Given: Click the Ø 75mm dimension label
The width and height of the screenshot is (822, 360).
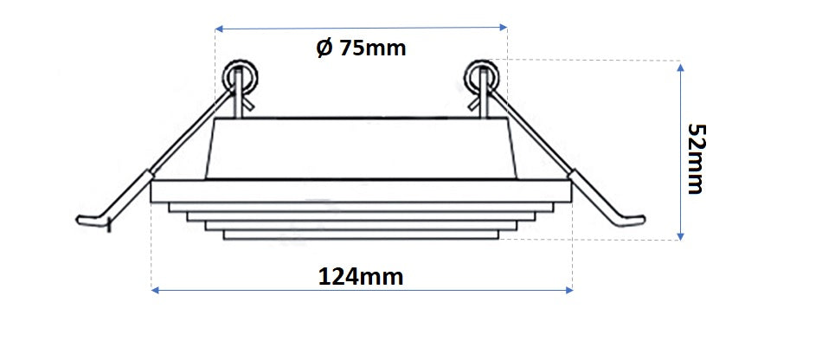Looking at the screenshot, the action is (361, 48).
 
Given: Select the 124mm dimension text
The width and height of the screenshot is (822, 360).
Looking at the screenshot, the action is (361, 276).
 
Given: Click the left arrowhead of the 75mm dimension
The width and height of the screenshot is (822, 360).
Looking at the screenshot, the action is (220, 29).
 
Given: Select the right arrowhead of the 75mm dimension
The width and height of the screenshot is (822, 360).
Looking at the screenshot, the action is (504, 26).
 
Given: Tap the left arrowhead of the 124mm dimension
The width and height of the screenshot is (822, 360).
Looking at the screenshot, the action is (155, 290).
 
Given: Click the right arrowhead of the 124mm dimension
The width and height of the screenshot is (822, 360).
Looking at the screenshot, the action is (568, 290).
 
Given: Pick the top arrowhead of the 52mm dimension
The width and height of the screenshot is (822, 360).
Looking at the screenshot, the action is (680, 67).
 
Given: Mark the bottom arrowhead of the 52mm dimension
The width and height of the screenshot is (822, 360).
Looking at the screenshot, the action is (680, 236).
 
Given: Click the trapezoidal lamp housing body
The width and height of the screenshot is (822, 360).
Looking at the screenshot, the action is (361, 149).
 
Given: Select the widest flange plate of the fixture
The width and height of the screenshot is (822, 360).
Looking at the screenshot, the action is (361, 192).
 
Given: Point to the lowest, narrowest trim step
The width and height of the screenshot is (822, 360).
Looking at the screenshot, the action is (361, 235).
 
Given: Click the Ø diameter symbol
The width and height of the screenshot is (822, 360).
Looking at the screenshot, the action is (324, 48).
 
